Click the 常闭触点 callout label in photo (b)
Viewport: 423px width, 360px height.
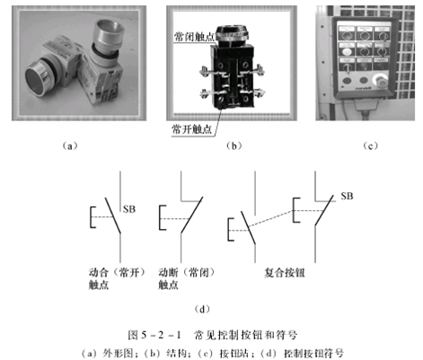coord(194,37)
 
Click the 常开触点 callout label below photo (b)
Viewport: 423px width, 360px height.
coord(191,129)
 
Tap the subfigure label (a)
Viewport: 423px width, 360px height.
coord(70,146)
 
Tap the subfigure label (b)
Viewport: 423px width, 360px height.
coord(234,146)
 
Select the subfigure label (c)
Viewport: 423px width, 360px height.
coord(370,146)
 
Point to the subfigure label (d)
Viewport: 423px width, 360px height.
coord(202,309)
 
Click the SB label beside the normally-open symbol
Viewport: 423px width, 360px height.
coord(129,209)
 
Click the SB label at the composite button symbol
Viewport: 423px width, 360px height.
coord(347,196)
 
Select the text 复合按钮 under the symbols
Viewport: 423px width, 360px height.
coord(285,273)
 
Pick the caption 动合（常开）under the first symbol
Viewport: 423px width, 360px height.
coord(117,272)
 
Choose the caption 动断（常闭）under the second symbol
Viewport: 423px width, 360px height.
coord(187,272)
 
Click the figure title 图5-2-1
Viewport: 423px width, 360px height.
coord(154,335)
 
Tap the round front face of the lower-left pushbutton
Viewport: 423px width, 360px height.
coord(35,79)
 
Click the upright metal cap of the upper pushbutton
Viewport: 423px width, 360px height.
coord(108,33)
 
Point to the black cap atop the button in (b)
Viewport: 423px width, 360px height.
coord(232,31)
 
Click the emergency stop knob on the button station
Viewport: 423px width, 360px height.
coord(380,80)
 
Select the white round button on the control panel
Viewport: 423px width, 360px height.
coord(347,52)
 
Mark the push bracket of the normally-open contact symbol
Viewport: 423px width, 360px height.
coord(93,217)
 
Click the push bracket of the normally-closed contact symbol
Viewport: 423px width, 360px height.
coord(163,217)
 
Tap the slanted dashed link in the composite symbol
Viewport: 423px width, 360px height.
coord(270,220)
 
